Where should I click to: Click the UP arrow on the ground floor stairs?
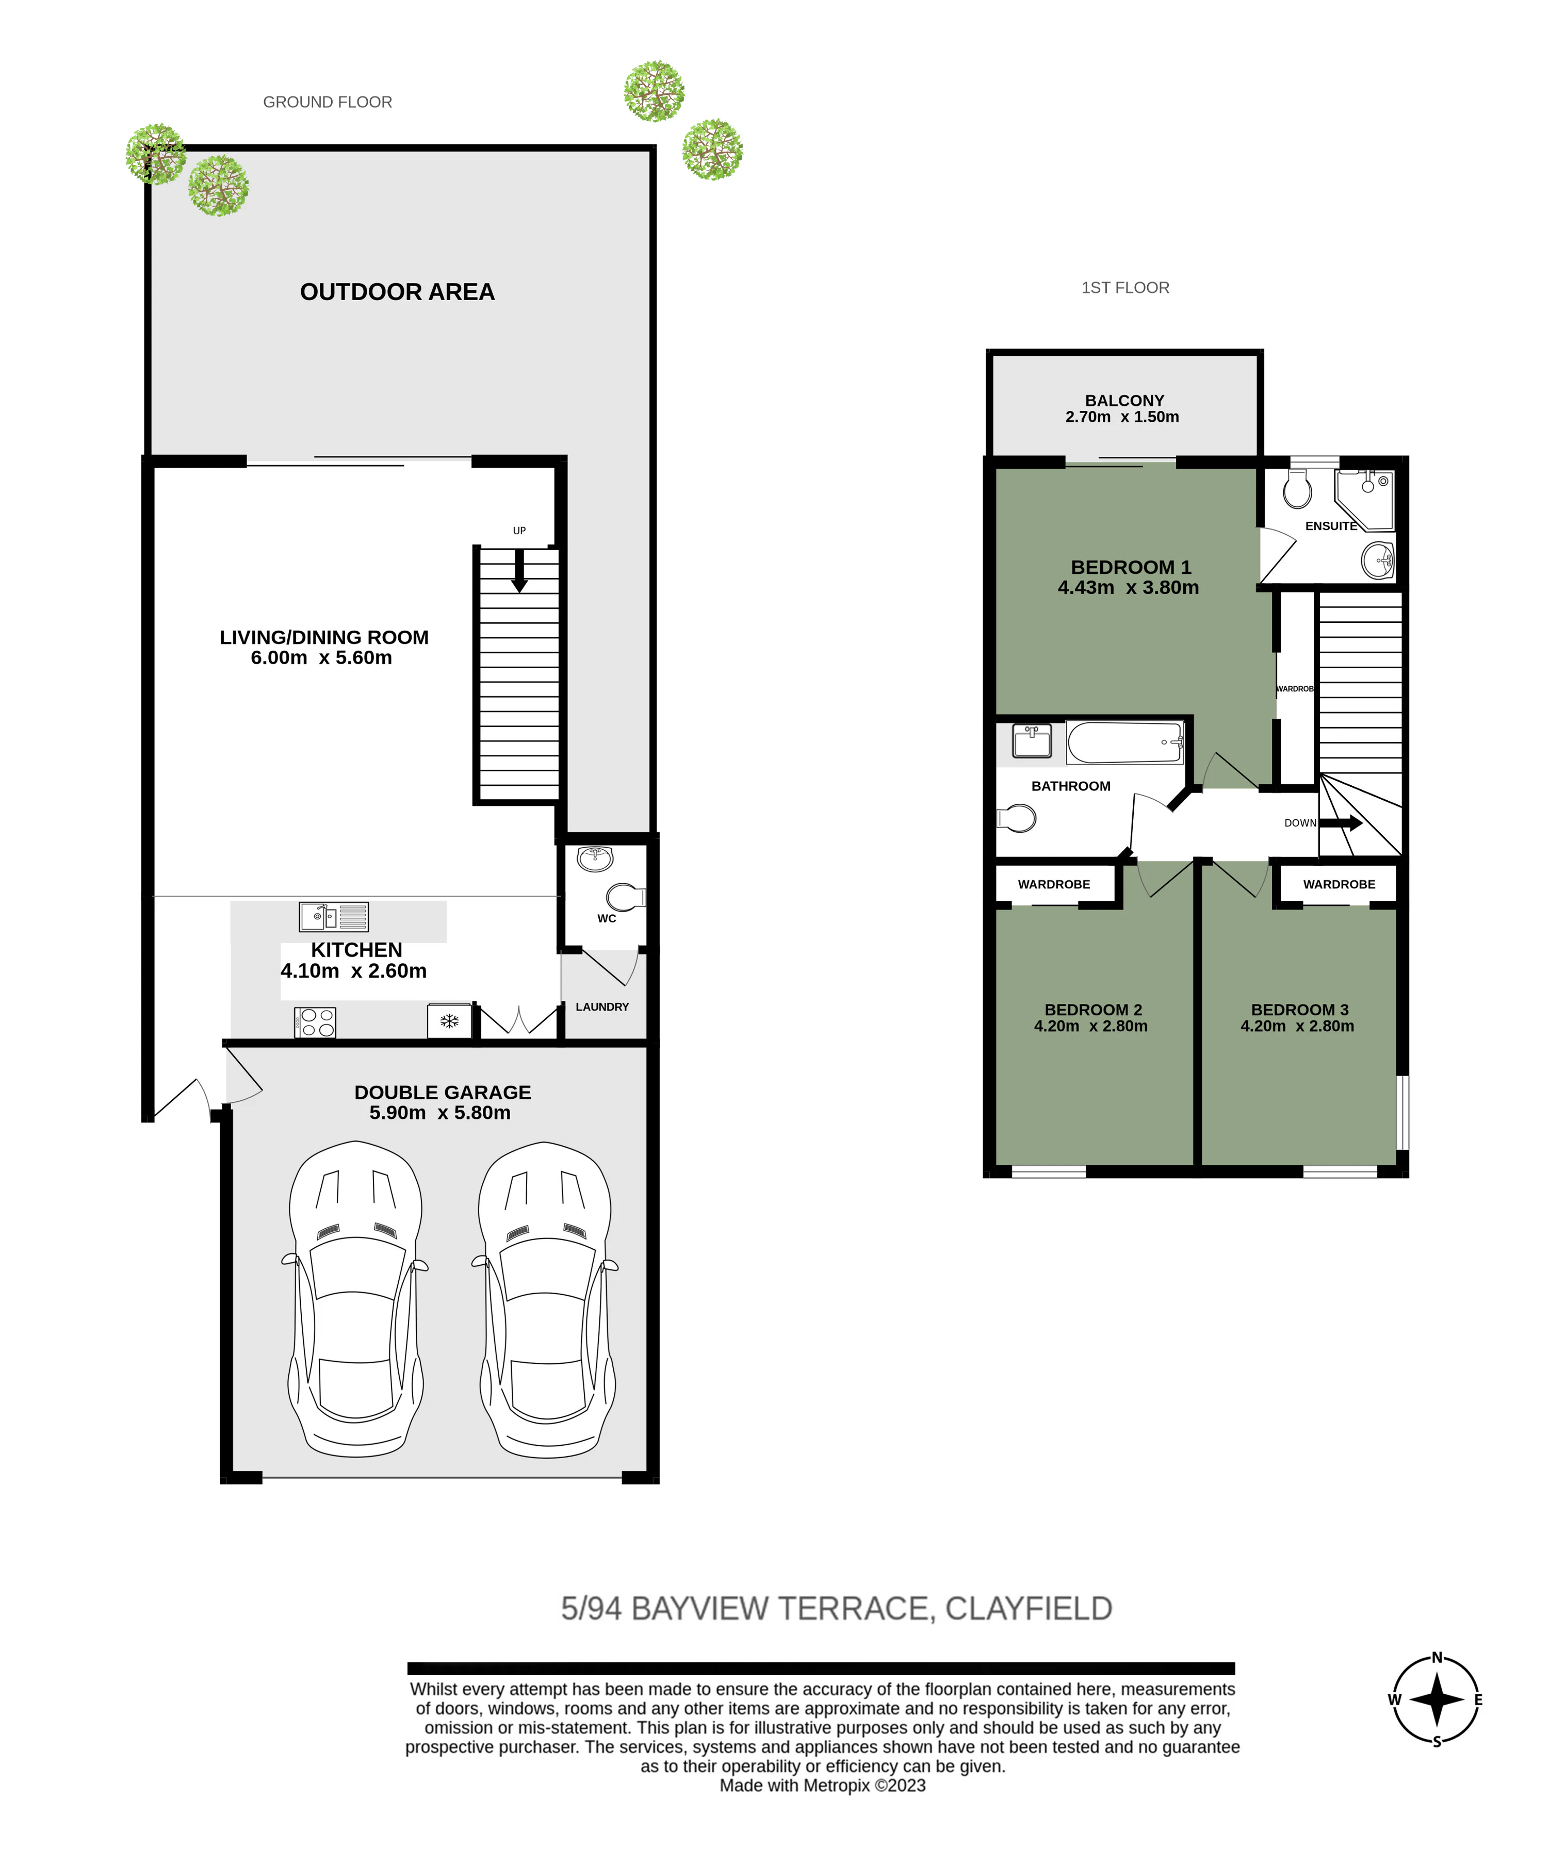coord(519,570)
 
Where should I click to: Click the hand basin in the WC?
coord(595,858)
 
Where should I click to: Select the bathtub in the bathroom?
coord(1125,743)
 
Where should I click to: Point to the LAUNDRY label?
coord(602,1007)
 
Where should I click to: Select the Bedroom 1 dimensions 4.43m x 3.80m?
coord(1128,587)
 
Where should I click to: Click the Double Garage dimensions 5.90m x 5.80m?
coord(440,1113)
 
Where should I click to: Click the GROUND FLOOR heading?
coord(327,102)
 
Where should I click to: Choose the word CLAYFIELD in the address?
coord(1029,1608)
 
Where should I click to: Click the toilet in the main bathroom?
coord(1016,817)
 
